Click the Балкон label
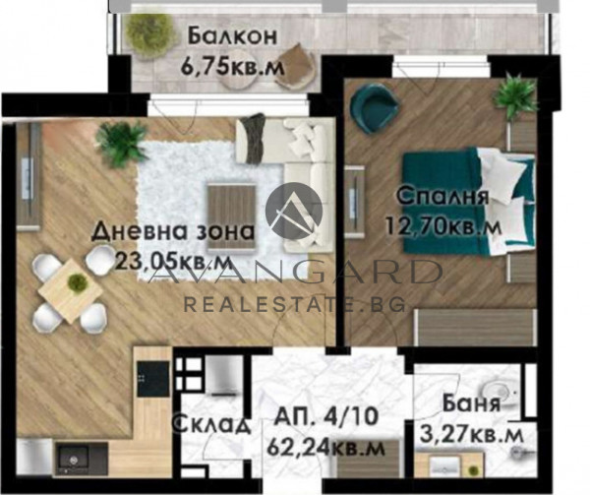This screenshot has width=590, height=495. point(232,36)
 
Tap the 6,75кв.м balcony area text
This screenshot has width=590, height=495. point(232,67)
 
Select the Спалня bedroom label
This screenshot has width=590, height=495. point(442,196)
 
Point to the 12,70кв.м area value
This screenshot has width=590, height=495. point(443,227)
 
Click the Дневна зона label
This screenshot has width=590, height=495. point(173,231)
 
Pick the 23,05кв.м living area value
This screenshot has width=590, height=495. point(173,261)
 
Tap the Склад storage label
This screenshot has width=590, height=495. point(211,424)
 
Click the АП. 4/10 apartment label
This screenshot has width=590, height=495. point(325,416)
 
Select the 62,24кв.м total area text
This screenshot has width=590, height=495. point(325,448)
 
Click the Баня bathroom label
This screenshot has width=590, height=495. point(471,403)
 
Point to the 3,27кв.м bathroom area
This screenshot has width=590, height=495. point(471,435)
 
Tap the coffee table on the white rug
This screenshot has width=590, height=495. point(231,216)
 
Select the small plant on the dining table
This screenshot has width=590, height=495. point(77,281)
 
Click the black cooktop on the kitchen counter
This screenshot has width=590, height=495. point(153,379)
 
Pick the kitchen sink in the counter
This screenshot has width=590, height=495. point(72,460)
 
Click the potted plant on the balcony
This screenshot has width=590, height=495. point(147,31)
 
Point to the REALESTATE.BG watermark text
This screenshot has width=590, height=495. point(294,303)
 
